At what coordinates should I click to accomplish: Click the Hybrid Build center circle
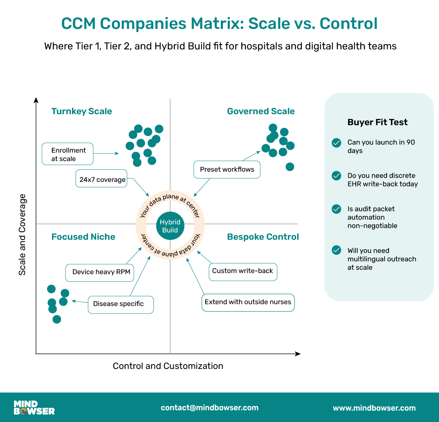pos(170,226)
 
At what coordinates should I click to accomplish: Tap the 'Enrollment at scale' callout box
pos(68,154)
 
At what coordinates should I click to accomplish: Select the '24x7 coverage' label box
pos(102,179)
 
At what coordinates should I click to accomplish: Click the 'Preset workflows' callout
pos(227,169)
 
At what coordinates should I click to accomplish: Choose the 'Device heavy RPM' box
pos(100,272)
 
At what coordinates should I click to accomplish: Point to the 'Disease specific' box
pos(120,304)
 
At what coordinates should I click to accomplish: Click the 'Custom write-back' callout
pos(243,271)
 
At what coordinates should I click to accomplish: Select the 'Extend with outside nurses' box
pos(248,302)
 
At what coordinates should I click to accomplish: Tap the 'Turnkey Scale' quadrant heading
pos(82,111)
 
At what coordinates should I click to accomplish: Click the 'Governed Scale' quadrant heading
pos(261,111)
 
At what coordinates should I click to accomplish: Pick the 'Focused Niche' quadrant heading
pos(83,237)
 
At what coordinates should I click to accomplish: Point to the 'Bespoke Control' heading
pos(263,237)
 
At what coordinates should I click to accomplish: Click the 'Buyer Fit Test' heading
pos(377,122)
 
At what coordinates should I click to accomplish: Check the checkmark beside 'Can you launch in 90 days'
pos(336,143)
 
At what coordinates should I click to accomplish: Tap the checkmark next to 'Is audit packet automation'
pos(336,209)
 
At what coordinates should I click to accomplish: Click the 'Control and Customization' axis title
pos(168,366)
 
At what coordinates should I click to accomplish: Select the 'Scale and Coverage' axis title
pos(22,235)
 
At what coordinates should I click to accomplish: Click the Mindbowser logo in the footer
pos(34,408)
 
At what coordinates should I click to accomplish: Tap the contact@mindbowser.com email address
pos(209,408)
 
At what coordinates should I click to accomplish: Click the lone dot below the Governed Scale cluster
pos(290,167)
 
